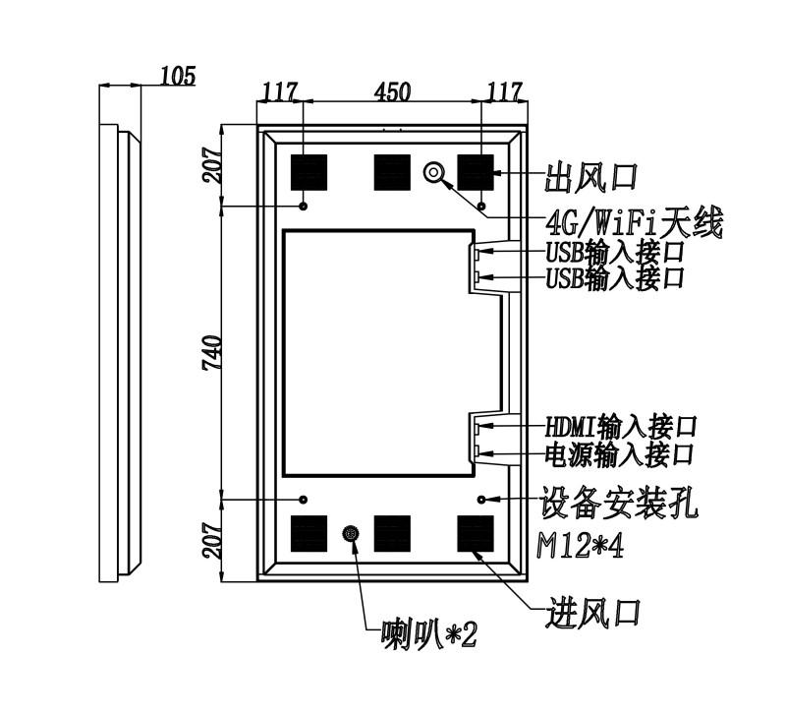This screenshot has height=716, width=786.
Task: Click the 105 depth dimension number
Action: coord(178,77)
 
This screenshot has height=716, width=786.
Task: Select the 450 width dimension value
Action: coord(392,91)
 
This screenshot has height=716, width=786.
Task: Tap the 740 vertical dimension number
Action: coord(211,353)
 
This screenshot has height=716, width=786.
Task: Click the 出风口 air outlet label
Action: coord(591,178)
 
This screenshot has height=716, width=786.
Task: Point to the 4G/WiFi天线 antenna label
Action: coord(635,222)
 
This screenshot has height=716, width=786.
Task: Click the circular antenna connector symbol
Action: coord(433,172)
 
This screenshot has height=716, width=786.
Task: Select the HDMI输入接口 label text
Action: coord(621,427)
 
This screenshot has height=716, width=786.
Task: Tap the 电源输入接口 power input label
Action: coord(619,454)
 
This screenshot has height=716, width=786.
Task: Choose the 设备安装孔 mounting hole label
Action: coord(619,503)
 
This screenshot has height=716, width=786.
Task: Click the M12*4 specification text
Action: coord(581,546)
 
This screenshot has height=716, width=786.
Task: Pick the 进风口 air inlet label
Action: coord(593,612)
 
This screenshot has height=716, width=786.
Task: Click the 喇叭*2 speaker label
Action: coord(429,635)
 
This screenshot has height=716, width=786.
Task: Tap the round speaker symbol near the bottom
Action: coord(351,533)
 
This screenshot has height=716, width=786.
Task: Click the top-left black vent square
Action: coord(309,172)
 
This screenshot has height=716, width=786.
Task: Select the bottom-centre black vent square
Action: coord(392,533)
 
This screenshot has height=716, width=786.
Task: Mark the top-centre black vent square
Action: coord(392,172)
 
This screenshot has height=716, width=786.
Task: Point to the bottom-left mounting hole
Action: coord(304,500)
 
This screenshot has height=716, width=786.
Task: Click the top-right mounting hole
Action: coord(481,206)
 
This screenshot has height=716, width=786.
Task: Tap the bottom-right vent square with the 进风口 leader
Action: coord(476,533)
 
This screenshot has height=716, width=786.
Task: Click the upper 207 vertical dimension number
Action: coord(211,165)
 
